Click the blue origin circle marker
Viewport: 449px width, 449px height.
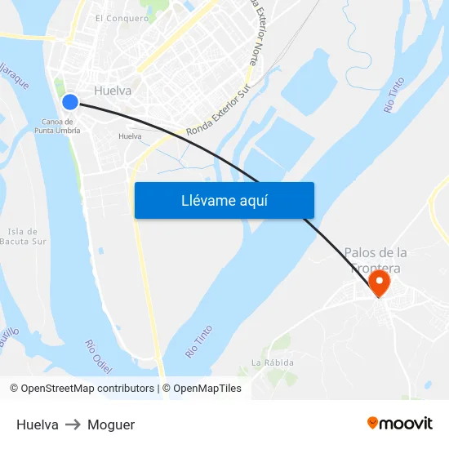pyautogui.click(x=70, y=101)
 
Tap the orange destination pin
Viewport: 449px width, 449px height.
pyautogui.click(x=380, y=283)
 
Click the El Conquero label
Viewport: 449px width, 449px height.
pyautogui.click(x=122, y=18)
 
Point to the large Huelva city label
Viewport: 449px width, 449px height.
pyautogui.click(x=113, y=91)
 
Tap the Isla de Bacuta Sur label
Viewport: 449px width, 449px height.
pyautogui.click(x=23, y=236)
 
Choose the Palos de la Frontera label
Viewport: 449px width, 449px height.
pyautogui.click(x=376, y=260)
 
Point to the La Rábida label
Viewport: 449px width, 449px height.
pyautogui.click(x=273, y=362)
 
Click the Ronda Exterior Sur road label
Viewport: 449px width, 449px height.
pyautogui.click(x=216, y=116)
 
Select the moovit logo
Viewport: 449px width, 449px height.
pyautogui.click(x=399, y=423)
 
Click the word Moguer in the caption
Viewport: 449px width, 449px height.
pyautogui.click(x=111, y=425)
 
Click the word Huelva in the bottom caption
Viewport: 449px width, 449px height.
pyautogui.click(x=38, y=425)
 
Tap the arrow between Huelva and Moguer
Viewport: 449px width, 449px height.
pyautogui.click(x=73, y=425)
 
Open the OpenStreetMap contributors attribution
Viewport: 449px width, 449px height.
pyautogui.click(x=82, y=389)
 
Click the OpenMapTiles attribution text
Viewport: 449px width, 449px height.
pyautogui.click(x=202, y=389)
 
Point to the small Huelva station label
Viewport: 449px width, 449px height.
pyautogui.click(x=130, y=136)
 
